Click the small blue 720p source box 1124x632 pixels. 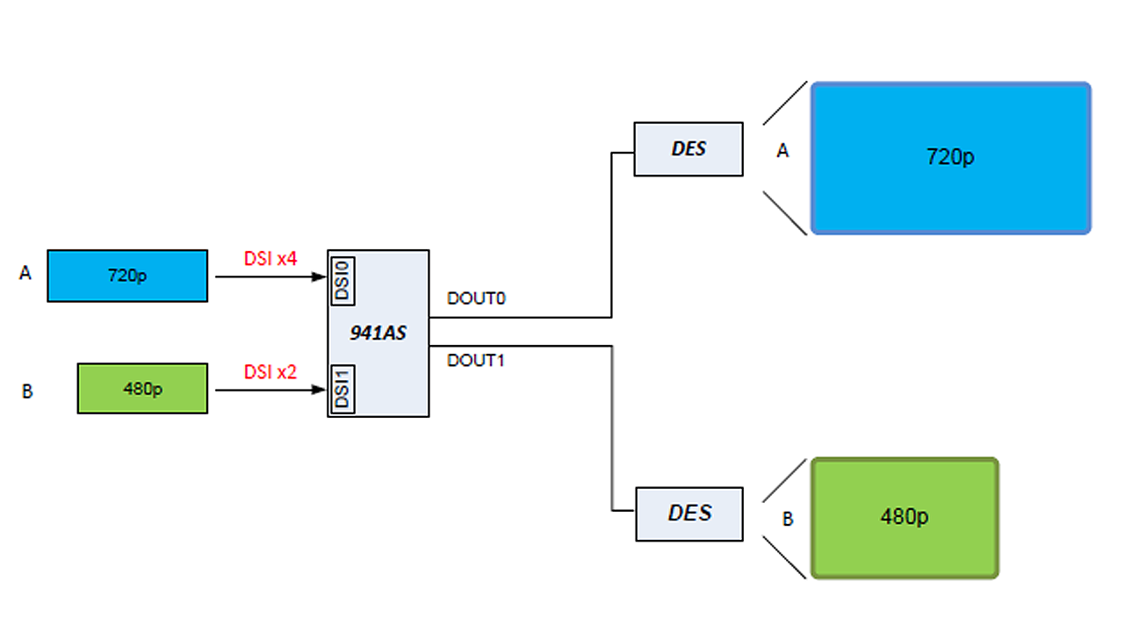tap(127, 276)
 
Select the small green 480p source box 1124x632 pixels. tap(142, 388)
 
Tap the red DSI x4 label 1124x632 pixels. tap(270, 259)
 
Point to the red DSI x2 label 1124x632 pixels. tap(270, 371)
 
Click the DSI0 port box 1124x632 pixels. tap(343, 281)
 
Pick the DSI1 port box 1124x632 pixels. tap(343, 388)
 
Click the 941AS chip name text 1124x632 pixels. tap(378, 333)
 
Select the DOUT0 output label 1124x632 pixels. tap(476, 299)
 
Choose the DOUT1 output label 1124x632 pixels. tap(476, 360)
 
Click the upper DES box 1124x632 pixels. tap(688, 149)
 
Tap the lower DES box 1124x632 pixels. tap(688, 513)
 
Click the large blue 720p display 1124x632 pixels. tap(950, 158)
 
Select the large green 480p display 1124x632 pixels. tap(905, 518)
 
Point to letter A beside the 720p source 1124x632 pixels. tap(25, 275)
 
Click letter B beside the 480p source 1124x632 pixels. tap(27, 391)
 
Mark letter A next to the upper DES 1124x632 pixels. tap(782, 152)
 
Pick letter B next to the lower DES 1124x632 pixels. tap(788, 520)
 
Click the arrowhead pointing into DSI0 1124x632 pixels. tap(321, 276)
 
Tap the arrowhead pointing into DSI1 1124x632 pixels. tap(321, 389)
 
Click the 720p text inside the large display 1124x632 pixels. tap(950, 158)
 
